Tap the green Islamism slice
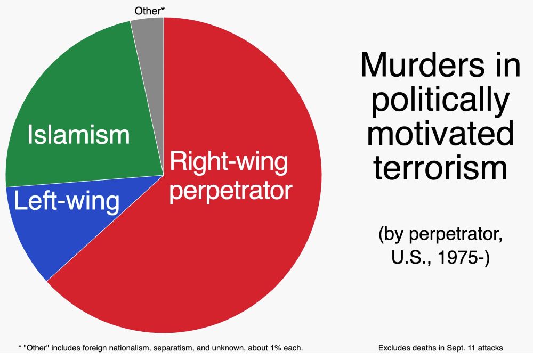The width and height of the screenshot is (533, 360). [80, 96]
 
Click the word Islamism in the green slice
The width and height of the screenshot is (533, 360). [78, 135]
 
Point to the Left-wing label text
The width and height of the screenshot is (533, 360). [67, 202]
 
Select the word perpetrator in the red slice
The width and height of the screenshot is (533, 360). [231, 190]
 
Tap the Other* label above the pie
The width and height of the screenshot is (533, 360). [149, 10]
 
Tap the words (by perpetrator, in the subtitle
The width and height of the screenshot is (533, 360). [440, 234]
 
